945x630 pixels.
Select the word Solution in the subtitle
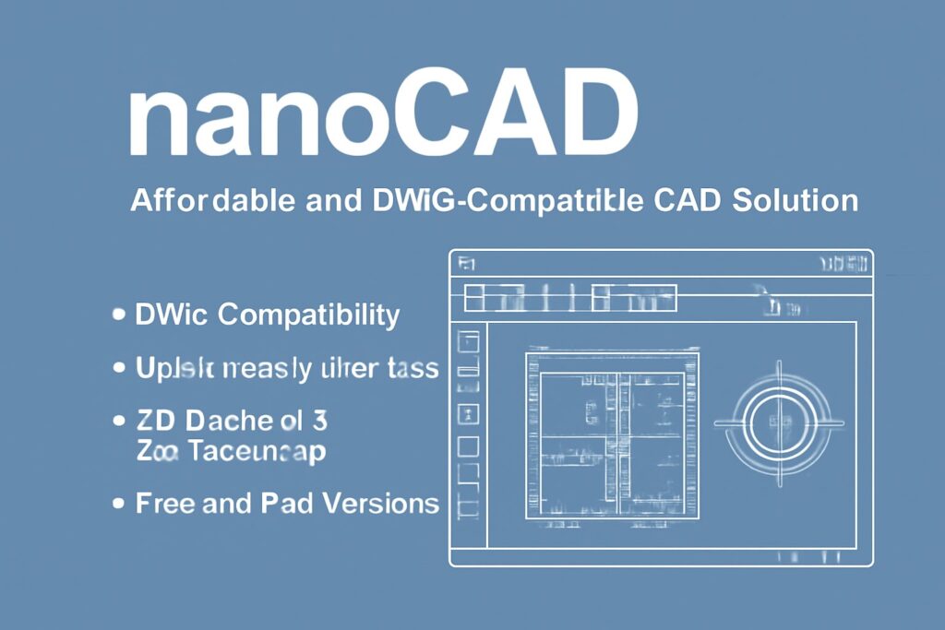(x=795, y=200)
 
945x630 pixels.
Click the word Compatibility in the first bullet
(x=311, y=315)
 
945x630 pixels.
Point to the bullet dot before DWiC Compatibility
(x=117, y=315)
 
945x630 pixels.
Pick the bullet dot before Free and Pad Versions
(x=117, y=504)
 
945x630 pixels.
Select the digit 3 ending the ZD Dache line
(x=318, y=422)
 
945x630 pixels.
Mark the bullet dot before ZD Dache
(x=117, y=422)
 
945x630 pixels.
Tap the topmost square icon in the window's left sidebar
(x=469, y=341)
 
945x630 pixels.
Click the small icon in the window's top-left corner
(x=466, y=265)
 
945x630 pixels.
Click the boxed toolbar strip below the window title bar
(x=569, y=298)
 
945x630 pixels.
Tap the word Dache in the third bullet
(x=228, y=422)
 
